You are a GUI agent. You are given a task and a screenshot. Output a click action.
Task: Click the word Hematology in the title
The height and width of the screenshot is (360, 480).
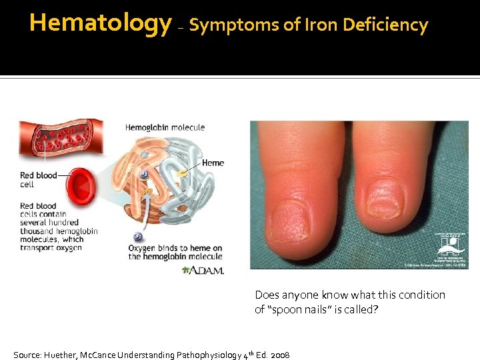click(x=100, y=23)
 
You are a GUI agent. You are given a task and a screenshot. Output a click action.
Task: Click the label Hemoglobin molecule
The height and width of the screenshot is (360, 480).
click(x=165, y=127)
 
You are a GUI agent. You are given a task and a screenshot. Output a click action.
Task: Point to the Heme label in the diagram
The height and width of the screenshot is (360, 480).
click(x=213, y=163)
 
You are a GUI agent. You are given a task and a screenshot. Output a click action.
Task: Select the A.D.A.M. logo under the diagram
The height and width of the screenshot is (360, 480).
click(x=203, y=270)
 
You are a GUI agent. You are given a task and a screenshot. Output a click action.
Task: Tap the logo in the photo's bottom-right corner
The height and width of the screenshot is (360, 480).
click(x=451, y=248)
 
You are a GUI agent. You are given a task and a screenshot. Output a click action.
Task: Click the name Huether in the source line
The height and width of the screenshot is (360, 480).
click(x=61, y=355)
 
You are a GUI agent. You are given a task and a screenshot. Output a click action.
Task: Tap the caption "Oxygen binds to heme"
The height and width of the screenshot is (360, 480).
click(x=175, y=248)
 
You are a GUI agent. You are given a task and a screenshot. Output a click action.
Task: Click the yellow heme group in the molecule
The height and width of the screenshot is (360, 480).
click(x=182, y=173)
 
